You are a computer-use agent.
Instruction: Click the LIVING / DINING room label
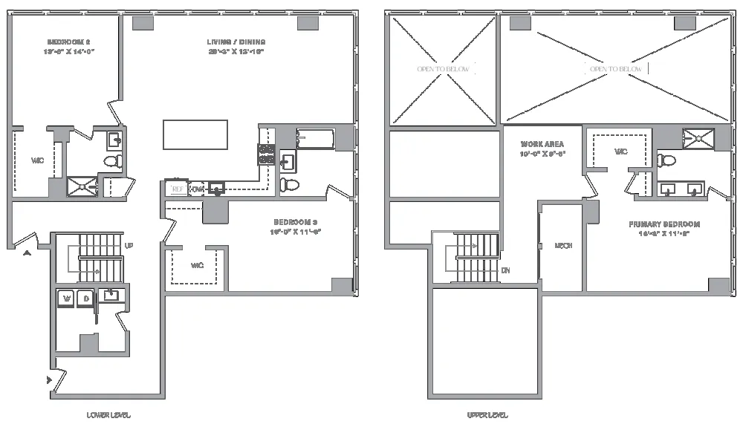236,42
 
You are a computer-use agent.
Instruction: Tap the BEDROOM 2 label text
70,42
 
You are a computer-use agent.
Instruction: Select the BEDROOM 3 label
295,222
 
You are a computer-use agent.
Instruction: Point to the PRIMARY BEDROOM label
663,224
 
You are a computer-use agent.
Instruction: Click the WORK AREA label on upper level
542,144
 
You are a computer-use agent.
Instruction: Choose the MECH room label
562,246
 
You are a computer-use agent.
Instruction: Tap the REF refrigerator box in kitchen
177,189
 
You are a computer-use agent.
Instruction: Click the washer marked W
66,299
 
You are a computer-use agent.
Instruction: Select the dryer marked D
85,299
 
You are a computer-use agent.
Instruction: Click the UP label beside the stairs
129,246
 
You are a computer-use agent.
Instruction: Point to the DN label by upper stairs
505,270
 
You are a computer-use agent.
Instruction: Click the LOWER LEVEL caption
108,415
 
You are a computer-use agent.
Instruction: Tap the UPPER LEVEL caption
487,415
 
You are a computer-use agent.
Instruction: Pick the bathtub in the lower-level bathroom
316,137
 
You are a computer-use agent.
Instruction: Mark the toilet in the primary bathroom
666,160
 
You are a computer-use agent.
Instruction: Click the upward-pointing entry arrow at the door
28,253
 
